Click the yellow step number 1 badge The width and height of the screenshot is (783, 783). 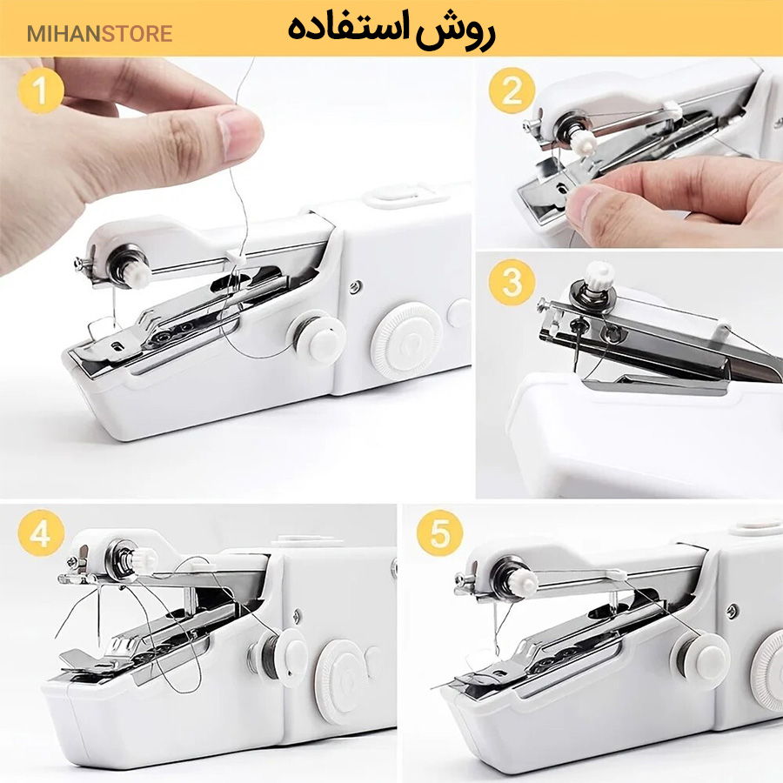pyautogui.click(x=40, y=90)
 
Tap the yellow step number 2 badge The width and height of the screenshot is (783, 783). pyautogui.click(x=512, y=90)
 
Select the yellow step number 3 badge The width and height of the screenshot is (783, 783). pyautogui.click(x=512, y=282)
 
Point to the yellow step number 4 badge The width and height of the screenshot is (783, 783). pyautogui.click(x=40, y=532)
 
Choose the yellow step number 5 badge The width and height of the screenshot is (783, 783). pyautogui.click(x=440, y=532)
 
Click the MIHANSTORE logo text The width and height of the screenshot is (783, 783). pyautogui.click(x=99, y=34)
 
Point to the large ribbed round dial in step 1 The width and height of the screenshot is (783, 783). pyautogui.click(x=407, y=341)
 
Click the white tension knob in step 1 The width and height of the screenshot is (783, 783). pyautogui.click(x=137, y=274)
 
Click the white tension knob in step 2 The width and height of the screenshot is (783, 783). pyautogui.click(x=583, y=141)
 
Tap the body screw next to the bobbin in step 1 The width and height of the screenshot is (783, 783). pyautogui.click(x=355, y=286)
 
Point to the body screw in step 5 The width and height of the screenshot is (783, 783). pyautogui.click(x=733, y=611)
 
